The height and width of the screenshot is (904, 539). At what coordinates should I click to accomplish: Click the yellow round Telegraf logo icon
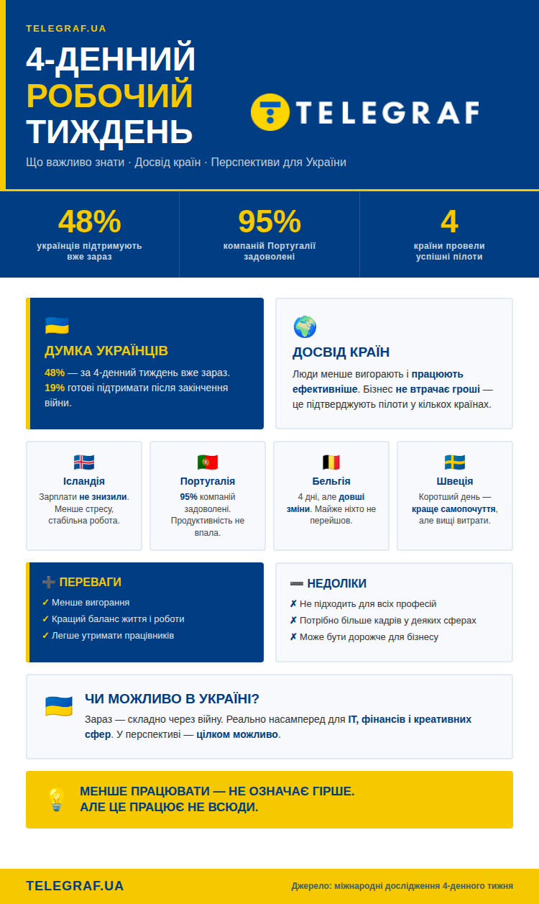pyautogui.click(x=270, y=112)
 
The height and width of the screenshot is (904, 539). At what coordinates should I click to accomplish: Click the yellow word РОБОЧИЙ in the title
pyautogui.click(x=109, y=96)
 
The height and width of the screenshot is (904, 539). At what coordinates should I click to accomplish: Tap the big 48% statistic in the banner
pyautogui.click(x=89, y=222)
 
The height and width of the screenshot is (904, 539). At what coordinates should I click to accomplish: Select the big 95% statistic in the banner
pyautogui.click(x=269, y=222)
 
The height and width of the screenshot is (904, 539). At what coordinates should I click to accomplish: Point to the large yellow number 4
pyautogui.click(x=449, y=222)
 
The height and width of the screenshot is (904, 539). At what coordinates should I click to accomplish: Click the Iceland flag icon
pyautogui.click(x=84, y=462)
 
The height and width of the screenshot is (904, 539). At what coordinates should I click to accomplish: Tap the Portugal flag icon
pyautogui.click(x=208, y=462)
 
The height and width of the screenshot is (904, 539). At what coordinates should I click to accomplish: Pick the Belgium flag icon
pyautogui.click(x=331, y=462)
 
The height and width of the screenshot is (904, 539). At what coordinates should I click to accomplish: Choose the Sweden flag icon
pyautogui.click(x=455, y=462)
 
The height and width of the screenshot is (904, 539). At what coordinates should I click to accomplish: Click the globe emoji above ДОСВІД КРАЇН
pyautogui.click(x=305, y=327)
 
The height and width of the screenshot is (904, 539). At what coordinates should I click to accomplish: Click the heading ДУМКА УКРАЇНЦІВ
pyautogui.click(x=106, y=351)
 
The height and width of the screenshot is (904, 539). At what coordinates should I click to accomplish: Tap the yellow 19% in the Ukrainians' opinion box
pyautogui.click(x=55, y=388)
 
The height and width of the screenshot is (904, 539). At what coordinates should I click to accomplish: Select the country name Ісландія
pyautogui.click(x=84, y=481)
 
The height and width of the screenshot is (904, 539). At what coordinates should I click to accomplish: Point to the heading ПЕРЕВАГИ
pyautogui.click(x=90, y=582)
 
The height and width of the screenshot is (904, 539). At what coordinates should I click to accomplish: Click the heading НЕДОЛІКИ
pyautogui.click(x=336, y=583)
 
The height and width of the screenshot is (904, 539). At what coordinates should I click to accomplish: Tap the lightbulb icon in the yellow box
pyautogui.click(x=56, y=800)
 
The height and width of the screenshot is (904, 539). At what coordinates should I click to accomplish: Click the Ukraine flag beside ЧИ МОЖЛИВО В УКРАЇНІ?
pyautogui.click(x=58, y=706)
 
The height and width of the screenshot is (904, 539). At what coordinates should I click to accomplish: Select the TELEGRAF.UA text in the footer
pyautogui.click(x=75, y=886)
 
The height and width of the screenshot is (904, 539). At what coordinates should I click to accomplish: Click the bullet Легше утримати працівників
pyautogui.click(x=112, y=636)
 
